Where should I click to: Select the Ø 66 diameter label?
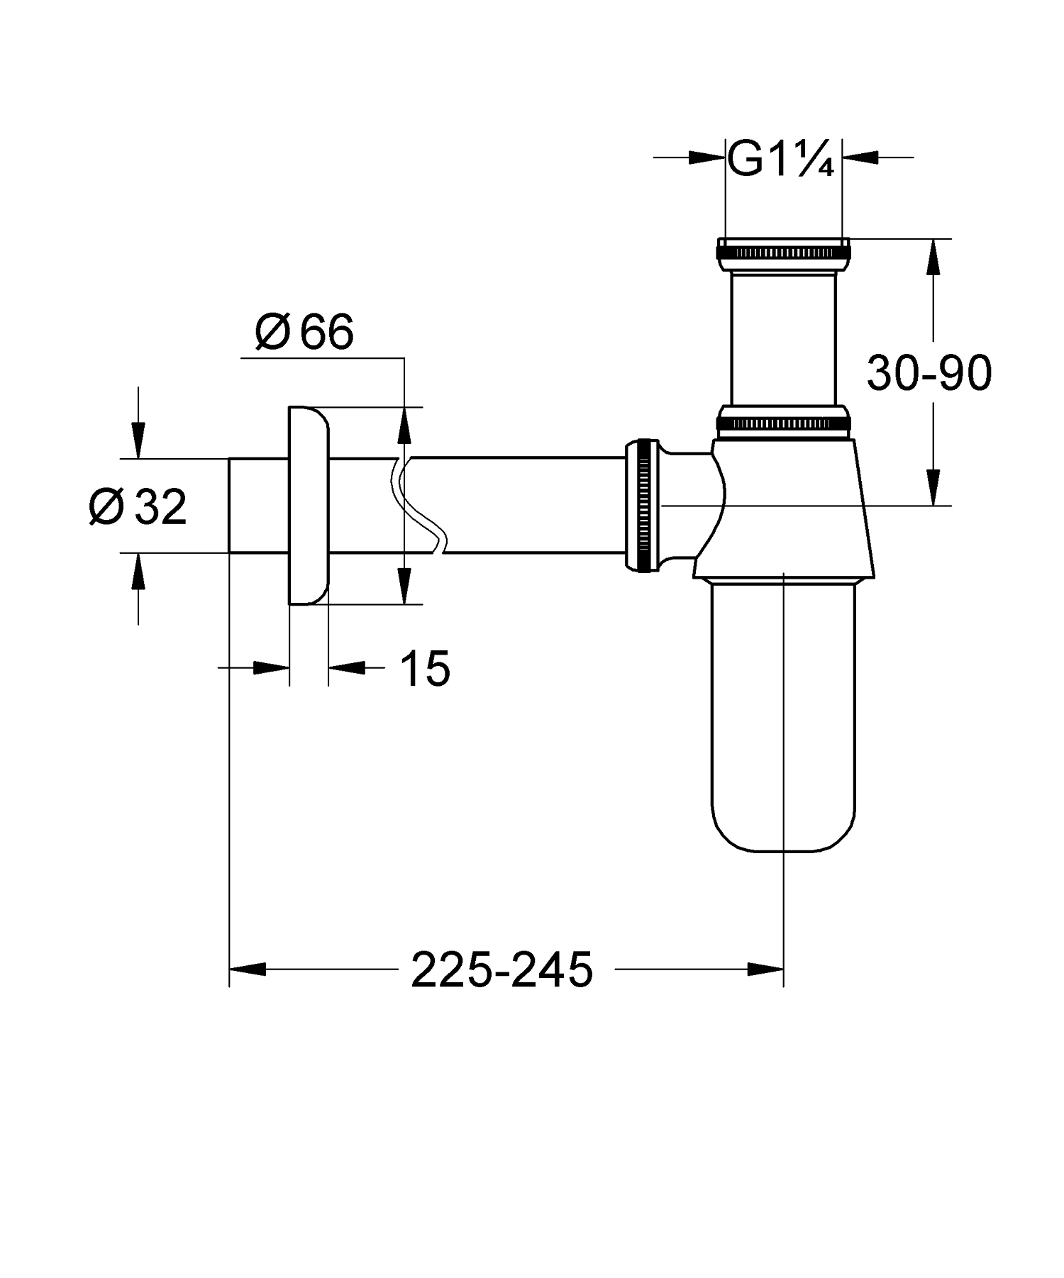click(304, 332)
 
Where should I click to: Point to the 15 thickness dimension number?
click(425, 668)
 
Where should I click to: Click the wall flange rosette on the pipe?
click(309, 505)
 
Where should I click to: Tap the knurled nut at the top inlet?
click(782, 253)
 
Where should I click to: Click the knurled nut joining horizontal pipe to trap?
click(642, 505)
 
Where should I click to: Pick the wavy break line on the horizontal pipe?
click(417, 505)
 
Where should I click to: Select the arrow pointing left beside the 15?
click(348, 667)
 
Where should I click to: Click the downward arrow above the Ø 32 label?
click(138, 440)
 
